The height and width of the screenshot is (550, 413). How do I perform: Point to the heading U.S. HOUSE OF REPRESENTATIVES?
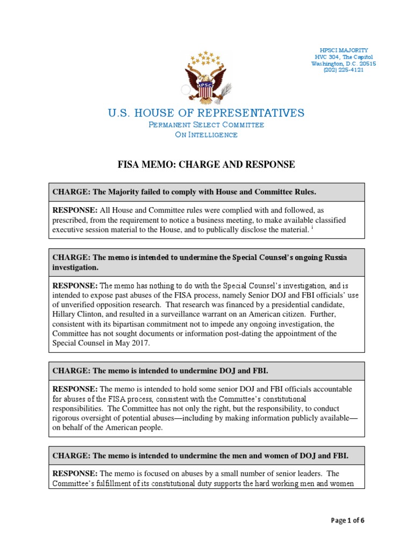click(x=206, y=113)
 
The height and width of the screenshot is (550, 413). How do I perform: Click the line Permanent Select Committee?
click(x=206, y=125)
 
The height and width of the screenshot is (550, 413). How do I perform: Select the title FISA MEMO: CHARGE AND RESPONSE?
click(x=206, y=164)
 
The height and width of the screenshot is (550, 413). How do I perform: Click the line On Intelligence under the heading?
click(x=206, y=135)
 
